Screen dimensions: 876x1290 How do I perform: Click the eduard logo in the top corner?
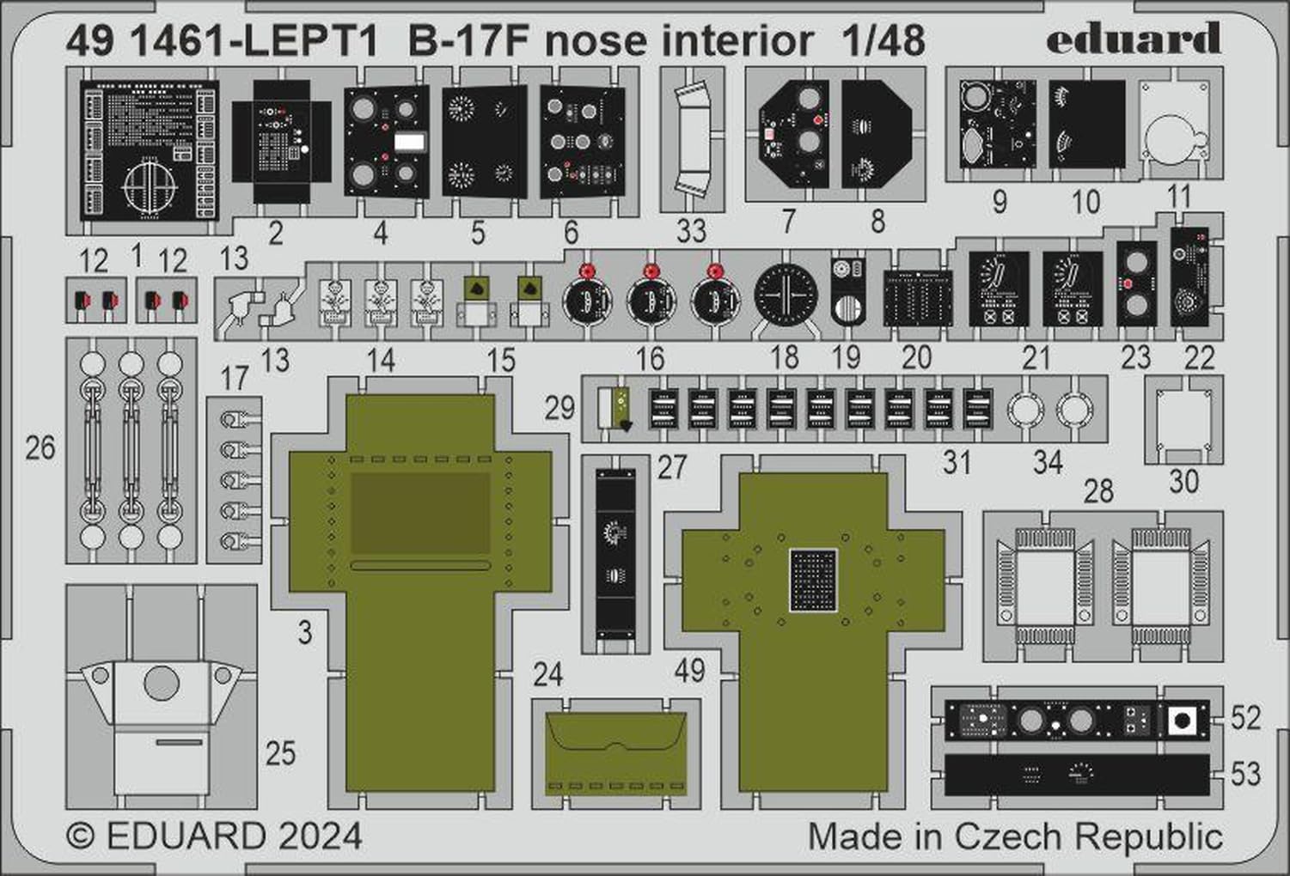tap(1134, 40)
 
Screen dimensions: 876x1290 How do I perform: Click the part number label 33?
tap(691, 231)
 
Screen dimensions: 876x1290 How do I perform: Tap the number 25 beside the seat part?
tap(280, 753)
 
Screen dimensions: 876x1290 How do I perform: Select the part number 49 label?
tap(689, 670)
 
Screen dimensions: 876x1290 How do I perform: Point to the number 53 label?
tap(1245, 774)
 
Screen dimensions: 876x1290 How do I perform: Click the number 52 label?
tap(1245, 718)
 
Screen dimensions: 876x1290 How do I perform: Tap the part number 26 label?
tap(40, 447)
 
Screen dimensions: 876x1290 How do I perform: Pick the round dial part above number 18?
tap(786, 293)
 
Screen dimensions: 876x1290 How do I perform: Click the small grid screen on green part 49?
tap(813, 581)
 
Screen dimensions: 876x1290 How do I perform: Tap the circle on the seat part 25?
tap(162, 684)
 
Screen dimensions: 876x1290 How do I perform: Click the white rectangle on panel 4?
tap(410, 143)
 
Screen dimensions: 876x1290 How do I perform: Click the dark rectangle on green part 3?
tap(419, 514)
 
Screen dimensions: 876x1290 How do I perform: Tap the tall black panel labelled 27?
tap(615, 549)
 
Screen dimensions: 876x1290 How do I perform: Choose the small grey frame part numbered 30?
tap(1183, 419)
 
